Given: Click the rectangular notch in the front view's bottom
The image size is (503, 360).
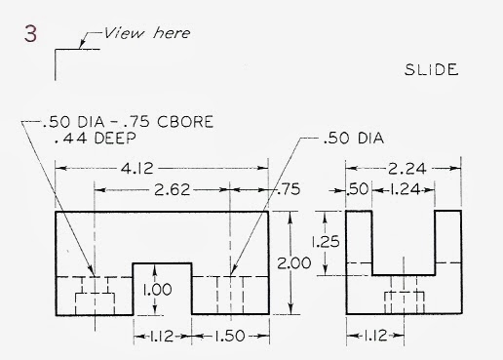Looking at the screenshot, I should pos(161,289).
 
